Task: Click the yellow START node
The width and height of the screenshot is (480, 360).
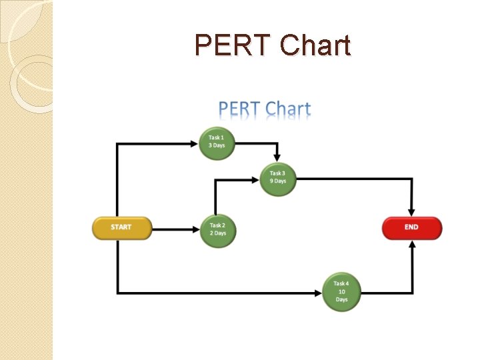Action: coord(121,227)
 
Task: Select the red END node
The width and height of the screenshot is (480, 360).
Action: coord(411,227)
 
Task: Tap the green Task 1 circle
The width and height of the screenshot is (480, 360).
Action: coord(217,143)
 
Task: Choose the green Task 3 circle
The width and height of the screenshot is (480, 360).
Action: coord(277,178)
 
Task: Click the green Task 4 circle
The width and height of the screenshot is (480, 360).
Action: coord(341,292)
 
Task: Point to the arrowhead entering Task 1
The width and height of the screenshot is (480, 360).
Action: coord(195,143)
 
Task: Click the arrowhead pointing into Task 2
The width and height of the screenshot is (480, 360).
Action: coord(196,229)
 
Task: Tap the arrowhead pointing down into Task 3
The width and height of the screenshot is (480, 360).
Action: coord(277,157)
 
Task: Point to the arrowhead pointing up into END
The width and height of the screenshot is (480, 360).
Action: coord(412,245)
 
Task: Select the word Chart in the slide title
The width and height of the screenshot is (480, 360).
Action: coord(315,45)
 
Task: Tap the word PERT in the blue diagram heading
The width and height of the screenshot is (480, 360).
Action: coord(239,109)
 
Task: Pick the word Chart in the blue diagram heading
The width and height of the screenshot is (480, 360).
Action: coord(288,109)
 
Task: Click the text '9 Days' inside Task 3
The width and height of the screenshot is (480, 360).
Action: coord(278,181)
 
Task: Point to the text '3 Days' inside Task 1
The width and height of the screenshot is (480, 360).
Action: coord(217,146)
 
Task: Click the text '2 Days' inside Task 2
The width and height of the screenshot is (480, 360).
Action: coord(218,233)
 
